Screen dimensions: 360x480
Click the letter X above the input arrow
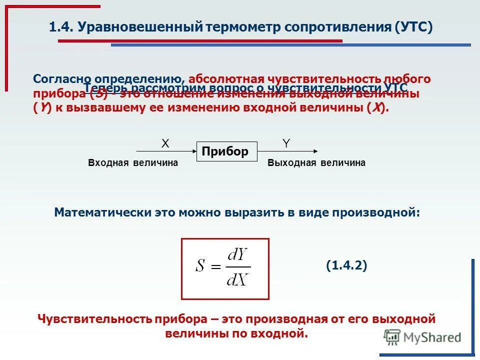point(165,143)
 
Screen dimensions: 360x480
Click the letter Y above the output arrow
point(286,143)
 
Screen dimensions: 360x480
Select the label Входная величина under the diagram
point(133,163)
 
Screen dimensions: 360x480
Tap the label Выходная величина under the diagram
point(316,163)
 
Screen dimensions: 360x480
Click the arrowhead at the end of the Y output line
point(314,150)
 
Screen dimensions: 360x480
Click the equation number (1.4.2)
point(346,266)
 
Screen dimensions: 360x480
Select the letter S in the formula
point(200,266)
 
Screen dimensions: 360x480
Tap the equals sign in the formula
point(216,267)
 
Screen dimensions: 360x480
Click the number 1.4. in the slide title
point(61,27)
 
